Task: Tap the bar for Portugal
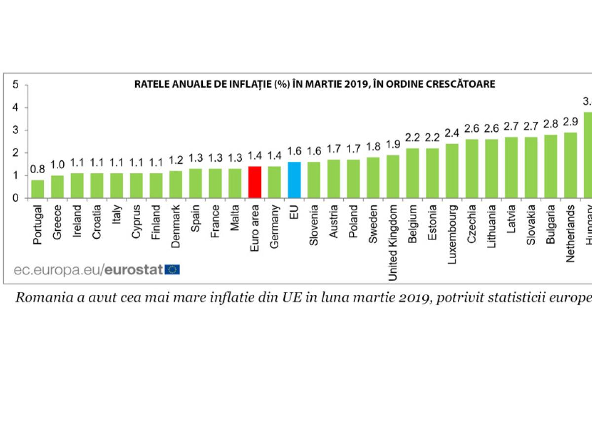(37, 189)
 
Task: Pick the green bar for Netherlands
(570, 165)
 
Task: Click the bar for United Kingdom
(393, 177)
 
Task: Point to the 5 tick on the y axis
(16, 85)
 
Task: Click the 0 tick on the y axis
(16, 198)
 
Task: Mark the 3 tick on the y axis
(16, 130)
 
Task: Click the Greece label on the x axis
(57, 215)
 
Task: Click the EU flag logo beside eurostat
(173, 269)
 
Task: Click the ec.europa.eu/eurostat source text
(89, 269)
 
